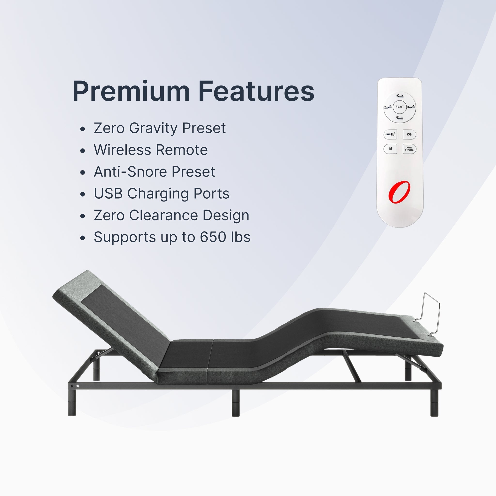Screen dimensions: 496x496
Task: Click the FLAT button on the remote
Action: pos(400,107)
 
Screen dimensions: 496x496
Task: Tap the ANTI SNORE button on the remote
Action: pos(409,149)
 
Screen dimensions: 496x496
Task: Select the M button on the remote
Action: pos(390,149)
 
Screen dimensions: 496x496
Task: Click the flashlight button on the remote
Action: pos(390,134)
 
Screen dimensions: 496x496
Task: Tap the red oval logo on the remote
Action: pos(399,192)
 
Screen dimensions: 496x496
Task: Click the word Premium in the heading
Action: pos(131,91)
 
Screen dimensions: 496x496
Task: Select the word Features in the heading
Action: pos(256,91)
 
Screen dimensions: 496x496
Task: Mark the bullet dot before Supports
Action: pos(82,238)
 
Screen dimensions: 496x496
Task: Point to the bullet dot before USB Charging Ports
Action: pos(82,194)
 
